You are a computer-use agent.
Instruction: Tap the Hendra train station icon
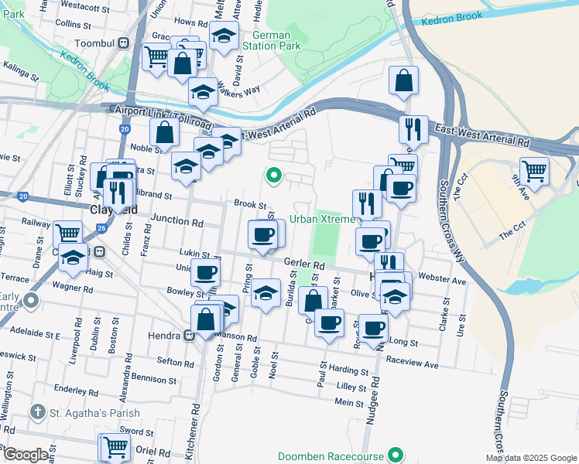point(188,336)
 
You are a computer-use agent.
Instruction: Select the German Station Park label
point(271,40)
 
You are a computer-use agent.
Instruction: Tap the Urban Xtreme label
point(322,220)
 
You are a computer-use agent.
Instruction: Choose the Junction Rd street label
point(176,220)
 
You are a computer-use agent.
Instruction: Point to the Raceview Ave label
point(412,363)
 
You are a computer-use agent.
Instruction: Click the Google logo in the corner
point(25,454)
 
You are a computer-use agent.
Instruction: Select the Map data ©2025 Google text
point(530,458)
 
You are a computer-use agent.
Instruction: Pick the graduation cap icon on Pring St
point(266,292)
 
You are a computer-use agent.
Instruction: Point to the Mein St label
point(349,403)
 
